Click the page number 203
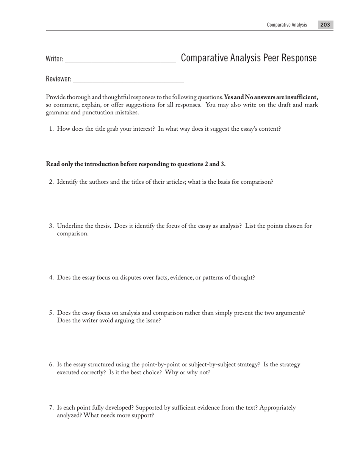coord(325,25)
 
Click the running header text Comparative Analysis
coord(287,25)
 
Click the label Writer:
coord(54,59)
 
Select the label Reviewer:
coord(58,79)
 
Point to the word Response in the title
coord(299,58)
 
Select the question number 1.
coord(51,129)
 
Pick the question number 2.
coord(51,182)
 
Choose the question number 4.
coord(51,278)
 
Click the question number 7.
coord(51,408)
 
